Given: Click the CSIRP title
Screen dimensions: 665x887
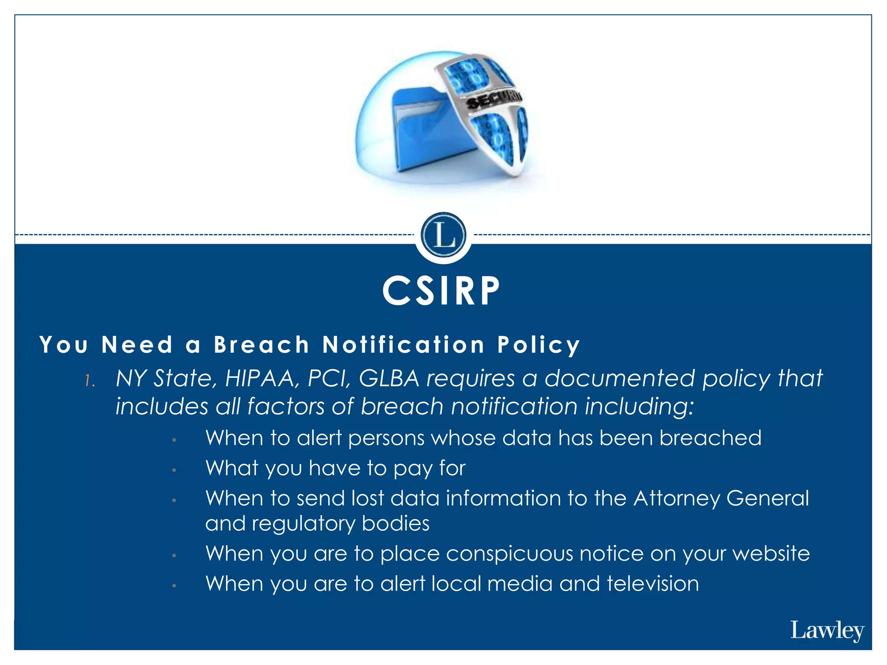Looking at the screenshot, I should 441,291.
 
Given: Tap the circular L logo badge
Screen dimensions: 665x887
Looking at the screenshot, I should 443,235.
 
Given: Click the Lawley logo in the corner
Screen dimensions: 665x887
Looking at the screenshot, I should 827,631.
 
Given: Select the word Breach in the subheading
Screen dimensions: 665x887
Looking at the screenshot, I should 262,345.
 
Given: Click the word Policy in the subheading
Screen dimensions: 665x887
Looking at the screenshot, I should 538,345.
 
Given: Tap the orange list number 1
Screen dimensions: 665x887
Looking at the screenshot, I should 89,381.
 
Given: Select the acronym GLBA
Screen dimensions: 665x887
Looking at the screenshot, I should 389,378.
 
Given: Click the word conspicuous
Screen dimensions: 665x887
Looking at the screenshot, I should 509,554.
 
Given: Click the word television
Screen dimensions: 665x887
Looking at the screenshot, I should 653,584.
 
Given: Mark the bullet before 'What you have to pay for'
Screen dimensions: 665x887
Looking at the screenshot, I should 174,470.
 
